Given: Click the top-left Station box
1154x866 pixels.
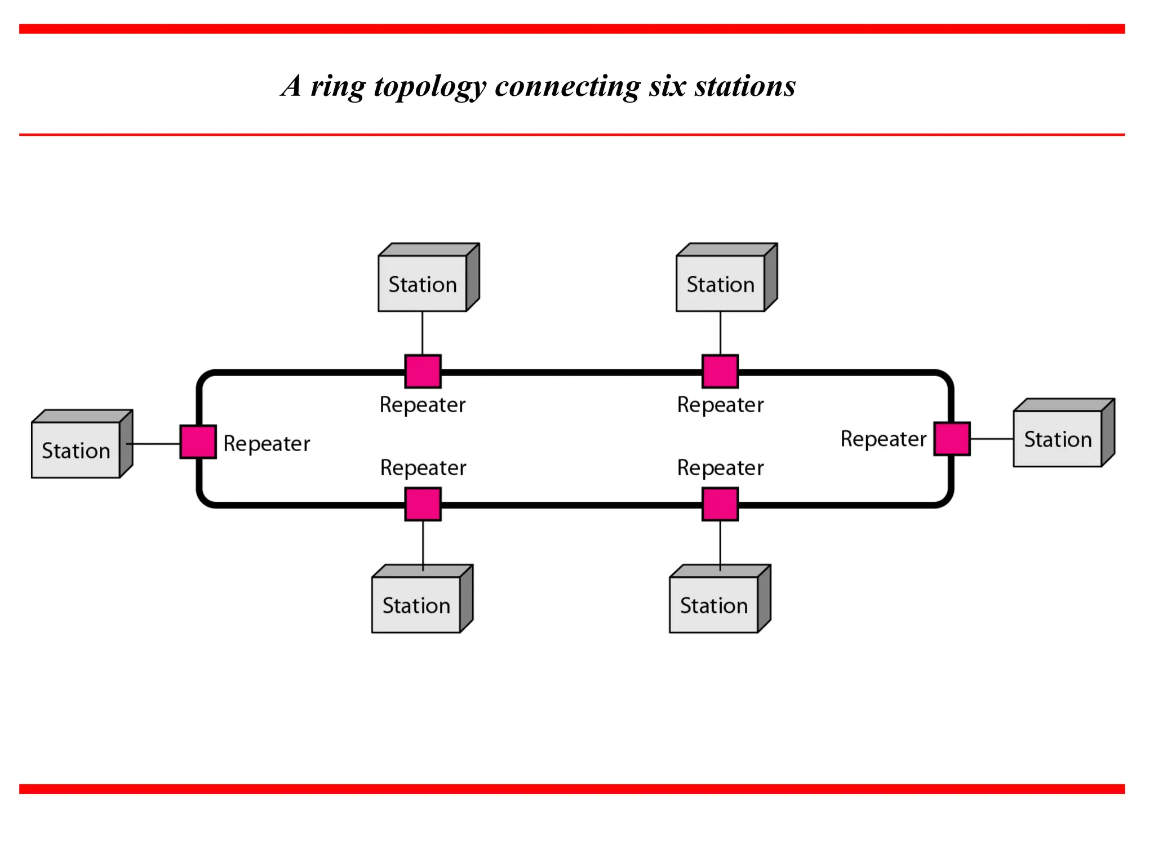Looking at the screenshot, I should coord(423,283).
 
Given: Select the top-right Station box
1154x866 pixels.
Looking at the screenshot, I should coord(720,283).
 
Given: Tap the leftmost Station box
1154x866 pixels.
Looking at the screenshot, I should coord(76,449).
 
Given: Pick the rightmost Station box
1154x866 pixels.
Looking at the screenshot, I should coord(1058,438).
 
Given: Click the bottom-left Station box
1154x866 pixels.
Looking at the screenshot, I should coord(416,604).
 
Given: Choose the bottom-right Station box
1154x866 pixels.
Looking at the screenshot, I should coord(713,604).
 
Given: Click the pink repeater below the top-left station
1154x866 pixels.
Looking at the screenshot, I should coord(423,371).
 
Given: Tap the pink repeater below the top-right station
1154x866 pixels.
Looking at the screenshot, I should coord(720,371).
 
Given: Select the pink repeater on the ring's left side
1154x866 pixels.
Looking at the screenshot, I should coord(198,441).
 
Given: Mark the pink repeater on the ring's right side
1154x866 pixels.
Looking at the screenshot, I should coord(952,438).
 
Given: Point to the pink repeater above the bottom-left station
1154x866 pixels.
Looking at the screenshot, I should coord(423,504).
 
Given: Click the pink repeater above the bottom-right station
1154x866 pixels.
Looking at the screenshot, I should coord(720,504).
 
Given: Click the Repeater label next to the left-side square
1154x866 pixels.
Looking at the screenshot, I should coord(267,444).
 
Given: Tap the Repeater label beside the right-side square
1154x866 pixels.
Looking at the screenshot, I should coord(883,439).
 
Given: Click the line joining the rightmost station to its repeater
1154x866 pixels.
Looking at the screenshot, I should coord(992,439).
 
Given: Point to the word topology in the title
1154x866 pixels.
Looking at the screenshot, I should coord(429,87).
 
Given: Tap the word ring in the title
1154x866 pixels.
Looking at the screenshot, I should coord(338,87).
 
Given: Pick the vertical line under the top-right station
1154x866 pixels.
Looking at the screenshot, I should coord(720,333).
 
